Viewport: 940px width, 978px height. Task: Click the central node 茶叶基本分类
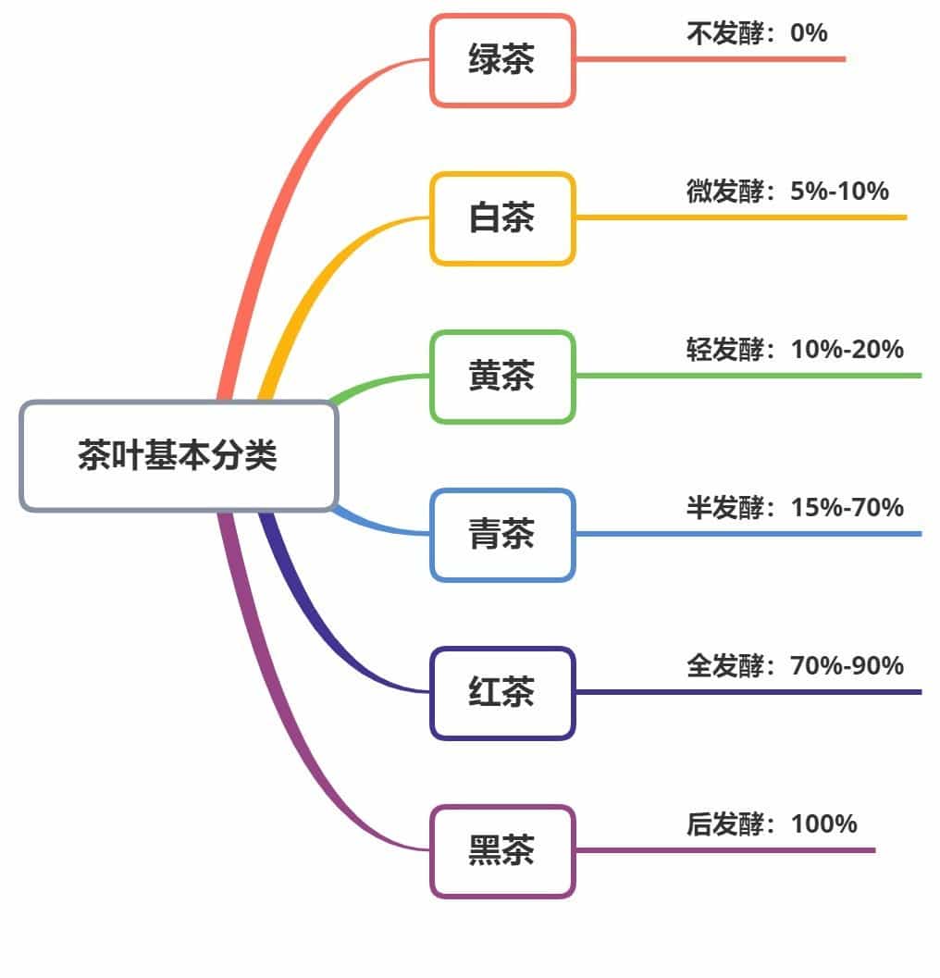pos(179,456)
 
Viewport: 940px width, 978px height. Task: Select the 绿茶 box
pos(502,60)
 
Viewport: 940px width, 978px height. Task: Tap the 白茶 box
pos(502,218)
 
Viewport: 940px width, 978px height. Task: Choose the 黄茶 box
pos(502,377)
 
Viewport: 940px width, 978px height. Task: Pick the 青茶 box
pos(502,535)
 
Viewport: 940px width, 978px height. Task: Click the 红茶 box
pos(502,693)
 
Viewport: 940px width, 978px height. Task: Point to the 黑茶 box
pos(502,851)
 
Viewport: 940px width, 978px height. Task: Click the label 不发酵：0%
pos(757,34)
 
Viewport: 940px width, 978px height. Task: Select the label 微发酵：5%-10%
pos(787,192)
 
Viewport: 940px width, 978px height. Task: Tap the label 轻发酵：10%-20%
pos(795,350)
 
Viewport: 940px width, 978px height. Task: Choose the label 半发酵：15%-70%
pos(795,508)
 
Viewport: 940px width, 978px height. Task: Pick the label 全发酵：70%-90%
pos(795,666)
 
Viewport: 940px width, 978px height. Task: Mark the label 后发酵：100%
pos(772,824)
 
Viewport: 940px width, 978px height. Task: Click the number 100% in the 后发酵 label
pos(824,824)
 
